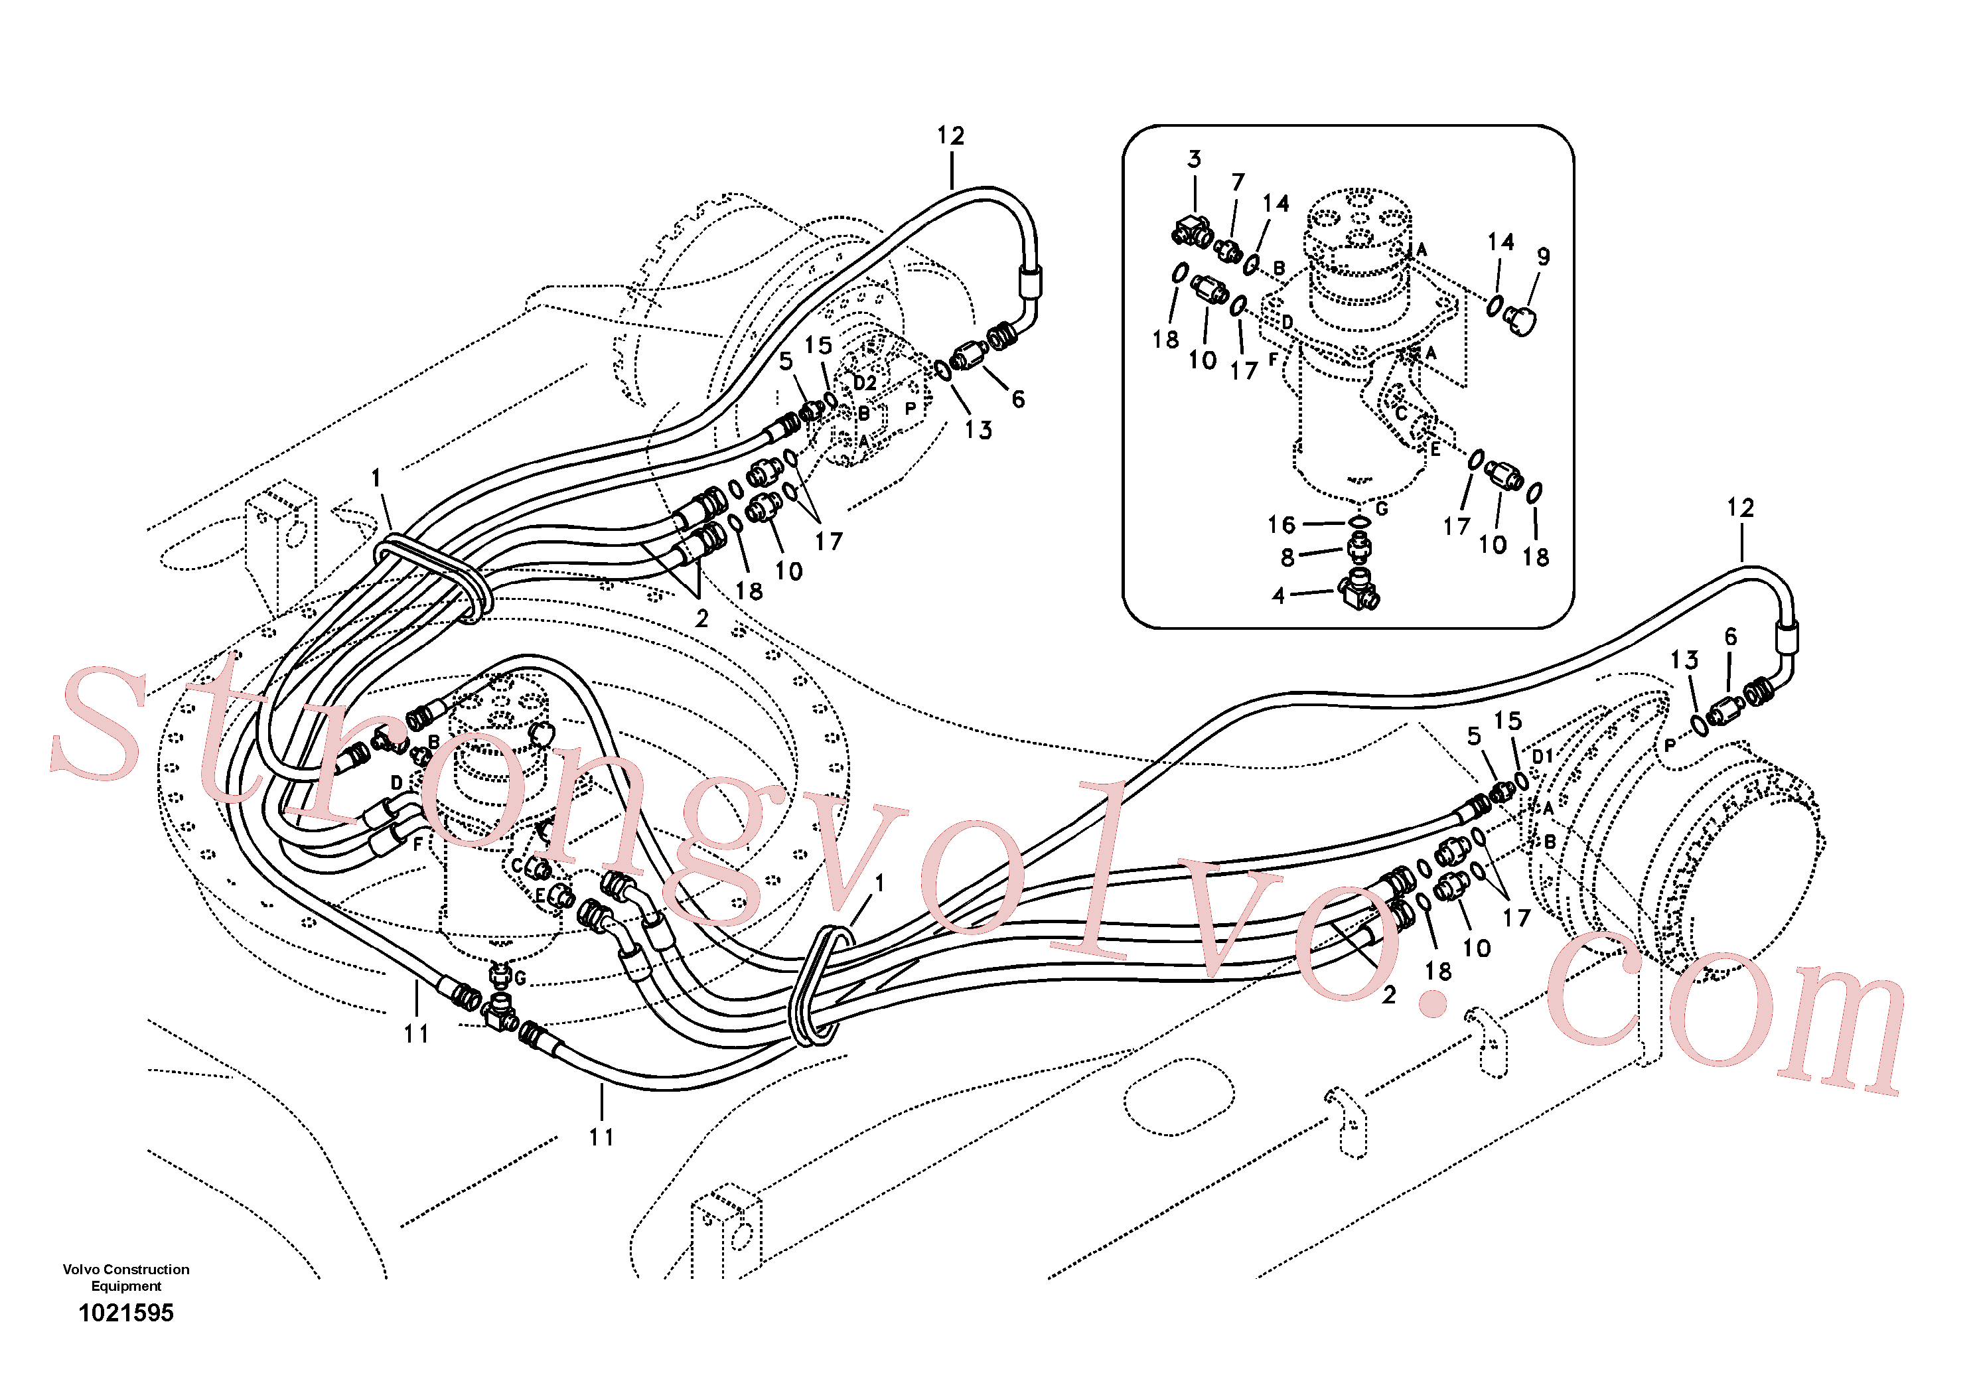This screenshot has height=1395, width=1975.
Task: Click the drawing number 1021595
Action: pyautogui.click(x=125, y=1313)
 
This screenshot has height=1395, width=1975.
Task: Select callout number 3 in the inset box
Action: pyautogui.click(x=1194, y=159)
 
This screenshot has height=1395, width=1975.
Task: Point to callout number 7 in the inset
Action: pyautogui.click(x=1238, y=183)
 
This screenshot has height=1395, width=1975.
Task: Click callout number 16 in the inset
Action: pyautogui.click(x=1281, y=525)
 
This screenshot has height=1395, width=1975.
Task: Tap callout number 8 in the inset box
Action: pyautogui.click(x=1287, y=558)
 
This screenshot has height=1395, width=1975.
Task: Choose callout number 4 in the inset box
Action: pyautogui.click(x=1278, y=595)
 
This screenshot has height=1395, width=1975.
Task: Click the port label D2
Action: pyautogui.click(x=865, y=383)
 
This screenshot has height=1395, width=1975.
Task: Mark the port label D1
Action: pyautogui.click(x=1543, y=756)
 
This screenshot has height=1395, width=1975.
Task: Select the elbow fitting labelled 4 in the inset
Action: pyautogui.click(x=1359, y=590)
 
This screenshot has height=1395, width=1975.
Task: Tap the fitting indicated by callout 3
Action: pyautogui.click(x=1194, y=232)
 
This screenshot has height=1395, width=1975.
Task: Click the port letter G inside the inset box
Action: pyautogui.click(x=1382, y=509)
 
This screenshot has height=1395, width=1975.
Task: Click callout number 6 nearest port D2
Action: pyautogui.click(x=1017, y=399)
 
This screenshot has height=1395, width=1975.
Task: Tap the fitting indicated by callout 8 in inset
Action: pyautogui.click(x=1359, y=546)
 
